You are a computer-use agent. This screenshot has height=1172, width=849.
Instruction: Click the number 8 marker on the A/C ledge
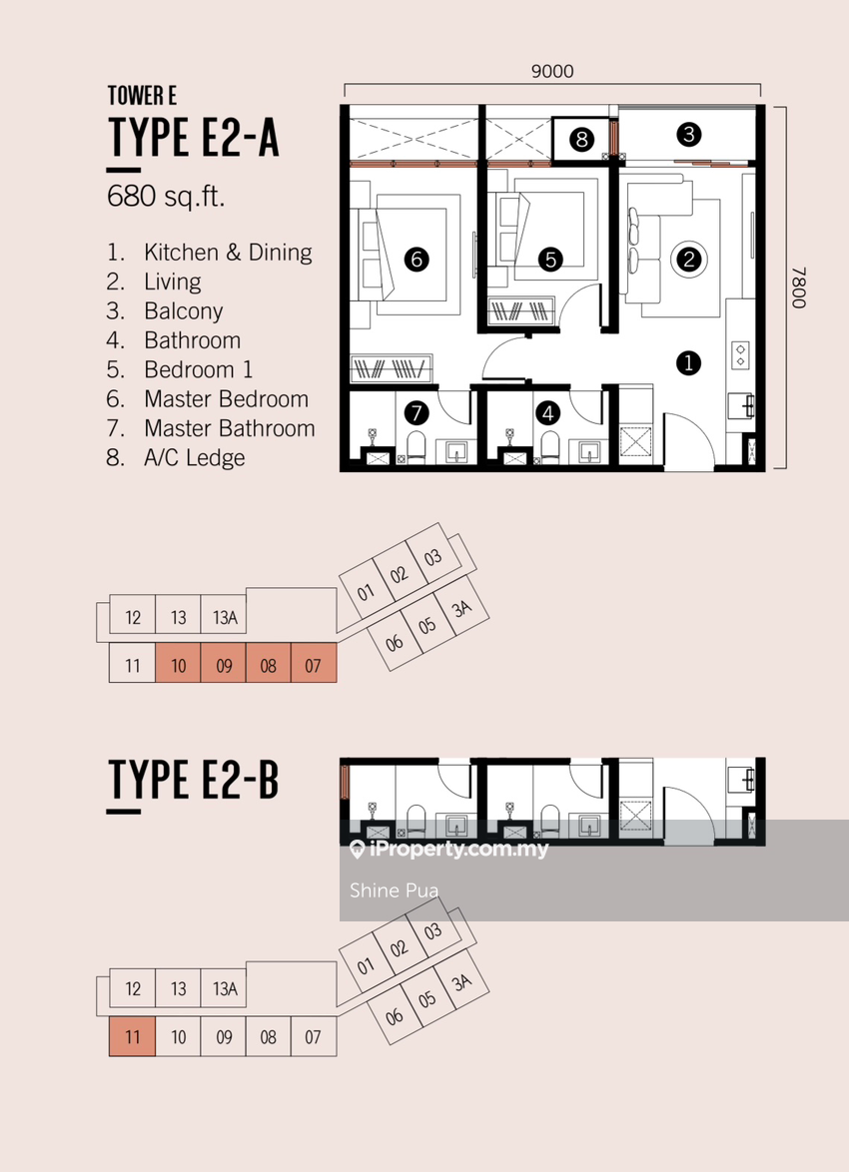[x=581, y=139]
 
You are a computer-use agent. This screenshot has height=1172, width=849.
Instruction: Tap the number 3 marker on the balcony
[x=688, y=135]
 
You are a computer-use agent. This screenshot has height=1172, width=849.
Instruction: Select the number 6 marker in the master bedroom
[x=417, y=260]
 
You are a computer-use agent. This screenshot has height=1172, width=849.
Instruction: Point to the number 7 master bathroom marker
[x=417, y=412]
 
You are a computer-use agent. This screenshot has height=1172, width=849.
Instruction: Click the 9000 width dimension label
[x=552, y=71]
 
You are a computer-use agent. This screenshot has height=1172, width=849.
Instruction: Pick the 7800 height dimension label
[x=797, y=288]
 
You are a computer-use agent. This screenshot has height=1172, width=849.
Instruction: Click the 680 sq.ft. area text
[x=166, y=197]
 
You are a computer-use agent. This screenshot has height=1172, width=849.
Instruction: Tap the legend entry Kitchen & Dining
[x=228, y=253]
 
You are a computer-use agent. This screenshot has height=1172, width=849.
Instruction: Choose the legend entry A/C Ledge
[x=195, y=457]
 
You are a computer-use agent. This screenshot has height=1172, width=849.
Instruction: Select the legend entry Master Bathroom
[x=230, y=428]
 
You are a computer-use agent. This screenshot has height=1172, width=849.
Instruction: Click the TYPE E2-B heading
[x=193, y=780]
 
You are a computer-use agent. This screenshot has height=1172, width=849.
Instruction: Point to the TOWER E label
[x=142, y=96]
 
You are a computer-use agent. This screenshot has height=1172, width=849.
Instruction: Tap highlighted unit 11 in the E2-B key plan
[x=133, y=1036]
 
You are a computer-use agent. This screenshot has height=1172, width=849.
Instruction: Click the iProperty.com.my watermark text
[x=449, y=850]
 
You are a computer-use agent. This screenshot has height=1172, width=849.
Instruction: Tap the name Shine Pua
[x=395, y=890]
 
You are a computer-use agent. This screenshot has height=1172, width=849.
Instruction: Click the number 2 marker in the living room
[x=688, y=260]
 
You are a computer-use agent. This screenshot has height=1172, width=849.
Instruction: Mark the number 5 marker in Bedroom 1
[x=550, y=260]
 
